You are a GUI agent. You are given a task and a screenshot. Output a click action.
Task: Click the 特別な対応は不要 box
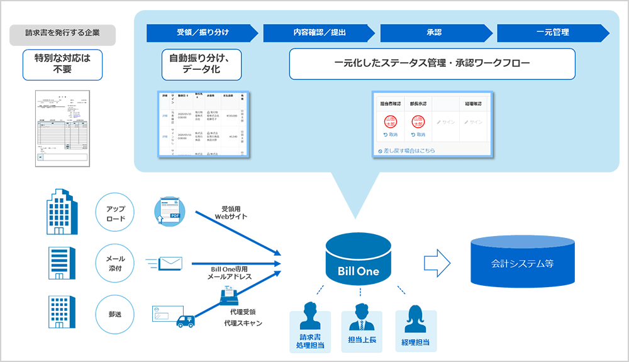coord(62,65)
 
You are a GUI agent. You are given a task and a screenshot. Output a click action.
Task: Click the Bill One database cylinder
coord(360,259)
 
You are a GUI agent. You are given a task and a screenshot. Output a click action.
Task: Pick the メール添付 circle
coord(116,263)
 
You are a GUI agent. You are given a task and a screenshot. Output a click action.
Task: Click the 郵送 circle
coord(116,312)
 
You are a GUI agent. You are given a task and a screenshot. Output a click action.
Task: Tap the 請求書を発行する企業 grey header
coord(62,35)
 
